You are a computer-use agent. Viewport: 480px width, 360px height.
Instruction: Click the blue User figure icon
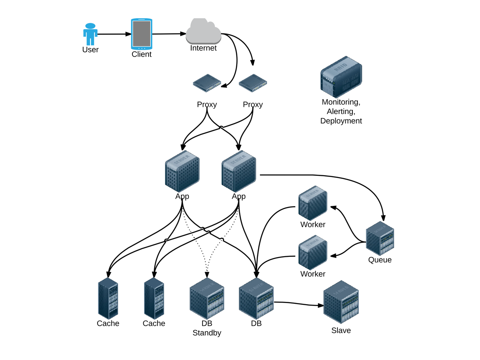pos(90,34)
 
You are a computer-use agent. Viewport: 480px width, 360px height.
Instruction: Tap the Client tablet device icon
pos(141,34)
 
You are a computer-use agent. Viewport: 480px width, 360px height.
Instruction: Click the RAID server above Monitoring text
pos(341,77)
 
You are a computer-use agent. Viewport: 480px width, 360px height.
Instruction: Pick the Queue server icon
pos(380,238)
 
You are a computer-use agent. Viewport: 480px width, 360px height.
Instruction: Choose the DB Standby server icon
pos(207,298)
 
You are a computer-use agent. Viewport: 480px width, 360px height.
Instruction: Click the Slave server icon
pos(341,302)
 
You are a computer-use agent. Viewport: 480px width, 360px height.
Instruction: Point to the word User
pos(90,50)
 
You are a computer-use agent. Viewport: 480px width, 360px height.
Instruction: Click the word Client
pos(141,54)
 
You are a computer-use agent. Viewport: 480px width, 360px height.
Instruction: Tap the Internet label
pos(203,48)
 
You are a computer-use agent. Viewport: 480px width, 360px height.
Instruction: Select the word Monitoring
pos(340,102)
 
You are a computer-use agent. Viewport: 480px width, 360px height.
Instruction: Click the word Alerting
pos(340,111)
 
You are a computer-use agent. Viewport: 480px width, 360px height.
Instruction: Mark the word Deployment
pos(341,121)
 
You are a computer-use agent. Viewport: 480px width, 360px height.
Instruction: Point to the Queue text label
pos(380,260)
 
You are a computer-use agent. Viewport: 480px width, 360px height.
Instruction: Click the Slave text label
pos(341,330)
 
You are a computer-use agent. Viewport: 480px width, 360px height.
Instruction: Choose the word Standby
pos(207,333)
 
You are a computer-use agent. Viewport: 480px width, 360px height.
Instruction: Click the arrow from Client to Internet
pos(169,34)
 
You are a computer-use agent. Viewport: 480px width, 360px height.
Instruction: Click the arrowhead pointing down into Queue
pos(383,218)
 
